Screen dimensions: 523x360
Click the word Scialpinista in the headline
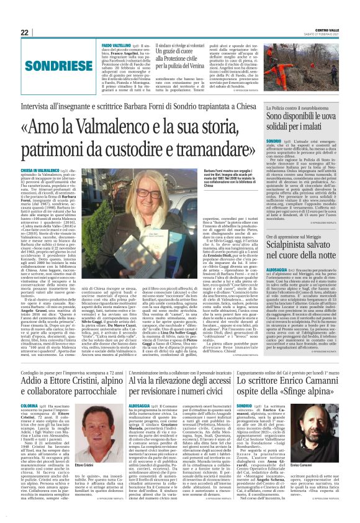coord(277,245)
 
